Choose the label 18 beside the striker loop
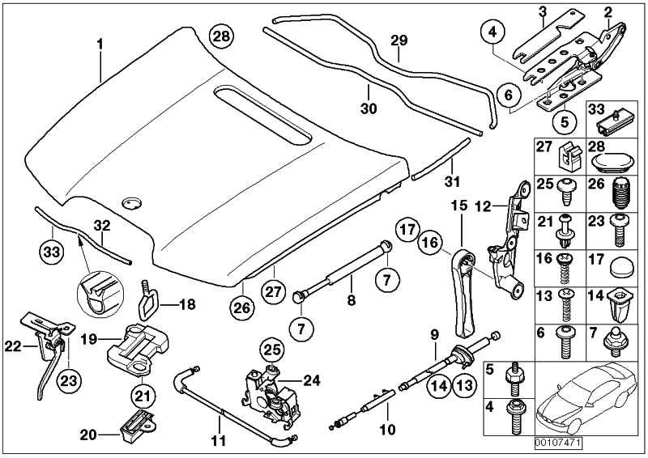point(186,305)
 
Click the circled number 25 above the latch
point(272,351)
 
